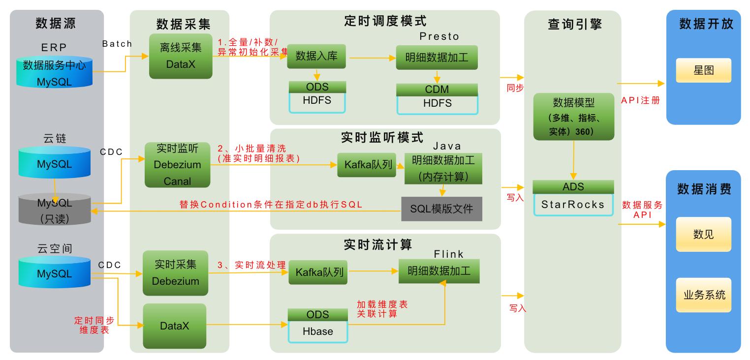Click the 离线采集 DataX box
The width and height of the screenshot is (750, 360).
pyautogui.click(x=181, y=56)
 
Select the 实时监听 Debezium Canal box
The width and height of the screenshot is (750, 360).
pyautogui.click(x=177, y=165)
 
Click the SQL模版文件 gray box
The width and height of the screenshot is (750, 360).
pyautogui.click(x=441, y=209)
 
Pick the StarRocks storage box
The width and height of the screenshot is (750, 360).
pyautogui.click(x=573, y=205)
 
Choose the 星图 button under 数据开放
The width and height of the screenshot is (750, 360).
pyautogui.click(x=703, y=70)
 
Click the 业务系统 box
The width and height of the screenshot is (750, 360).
pyautogui.click(x=703, y=295)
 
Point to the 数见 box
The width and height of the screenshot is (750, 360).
pyautogui.click(x=703, y=235)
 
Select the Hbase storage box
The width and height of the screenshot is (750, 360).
pyautogui.click(x=317, y=331)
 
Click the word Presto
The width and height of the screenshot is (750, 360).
pyautogui.click(x=439, y=36)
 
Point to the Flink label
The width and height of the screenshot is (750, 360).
pyautogui.click(x=448, y=254)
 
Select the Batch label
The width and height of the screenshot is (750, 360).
pyautogui.click(x=117, y=44)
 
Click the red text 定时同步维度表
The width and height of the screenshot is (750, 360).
pyautogui.click(x=94, y=325)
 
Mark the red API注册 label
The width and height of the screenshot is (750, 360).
pyautogui.click(x=640, y=101)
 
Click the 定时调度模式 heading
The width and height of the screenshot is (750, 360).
pyautogui.click(x=384, y=21)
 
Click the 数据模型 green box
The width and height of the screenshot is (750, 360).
pyautogui.click(x=573, y=117)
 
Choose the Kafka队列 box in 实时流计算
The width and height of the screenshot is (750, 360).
pyautogui.click(x=317, y=272)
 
